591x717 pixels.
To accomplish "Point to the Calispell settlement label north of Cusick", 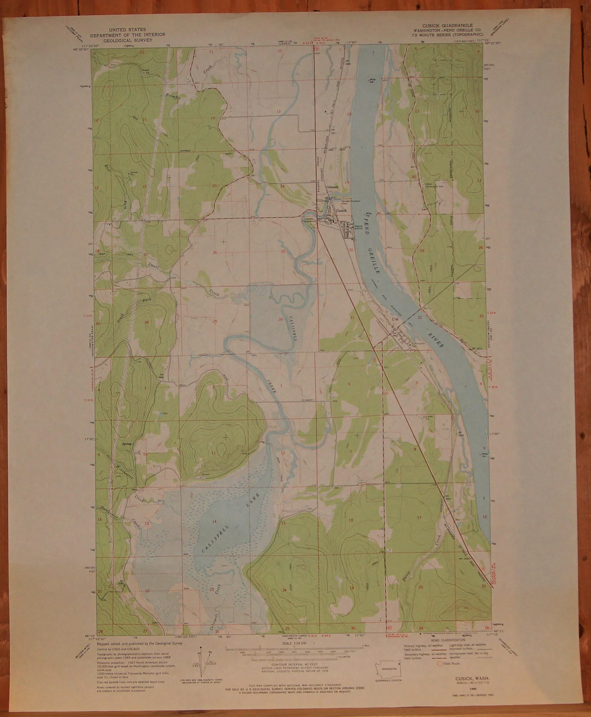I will tap(332, 187).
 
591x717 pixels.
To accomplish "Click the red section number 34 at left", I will tap(146, 322).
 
